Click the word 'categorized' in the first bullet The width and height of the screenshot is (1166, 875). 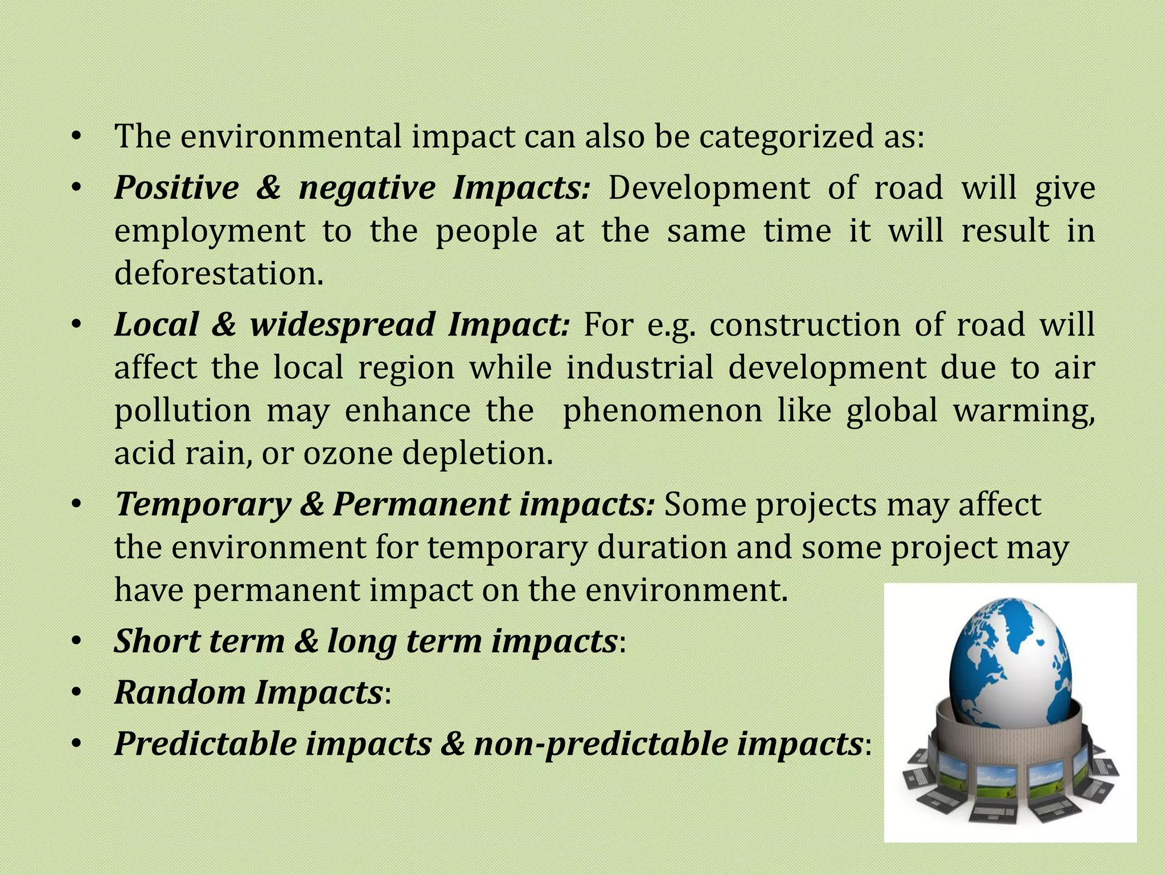(785, 137)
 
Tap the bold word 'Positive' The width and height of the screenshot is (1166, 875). (176, 188)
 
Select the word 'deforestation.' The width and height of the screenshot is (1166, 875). (219, 273)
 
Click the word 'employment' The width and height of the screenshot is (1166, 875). (210, 232)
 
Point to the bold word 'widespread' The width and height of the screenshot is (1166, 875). (343, 325)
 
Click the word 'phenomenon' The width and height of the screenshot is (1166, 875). (662, 411)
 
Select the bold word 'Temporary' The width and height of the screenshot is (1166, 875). (203, 505)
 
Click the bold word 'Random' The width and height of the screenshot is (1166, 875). (180, 693)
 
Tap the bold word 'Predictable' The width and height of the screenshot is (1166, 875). (206, 745)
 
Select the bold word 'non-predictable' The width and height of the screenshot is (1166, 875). (601, 745)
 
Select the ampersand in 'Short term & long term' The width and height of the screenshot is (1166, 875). (307, 641)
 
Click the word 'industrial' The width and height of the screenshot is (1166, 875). (639, 368)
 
